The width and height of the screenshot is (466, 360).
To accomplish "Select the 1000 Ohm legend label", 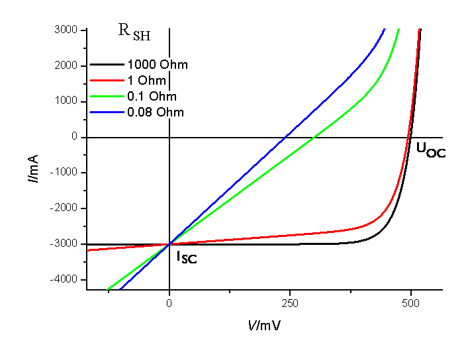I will [x=158, y=65].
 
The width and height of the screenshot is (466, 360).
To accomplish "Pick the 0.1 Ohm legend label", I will [x=152, y=97].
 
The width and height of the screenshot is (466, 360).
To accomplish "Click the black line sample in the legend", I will [x=107, y=65].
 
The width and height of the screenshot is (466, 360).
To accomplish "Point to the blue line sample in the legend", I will [x=107, y=112].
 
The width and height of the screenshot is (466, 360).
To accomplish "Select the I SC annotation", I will [x=186, y=257].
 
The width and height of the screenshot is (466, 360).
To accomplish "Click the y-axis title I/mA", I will [x=33, y=168].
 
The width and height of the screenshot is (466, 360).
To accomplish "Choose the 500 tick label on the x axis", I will [x=411, y=304].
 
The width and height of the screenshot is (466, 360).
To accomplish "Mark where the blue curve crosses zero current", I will [x=285, y=138].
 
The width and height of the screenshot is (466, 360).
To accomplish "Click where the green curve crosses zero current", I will [x=314, y=138].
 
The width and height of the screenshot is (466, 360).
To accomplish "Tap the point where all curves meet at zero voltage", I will [x=170, y=244].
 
